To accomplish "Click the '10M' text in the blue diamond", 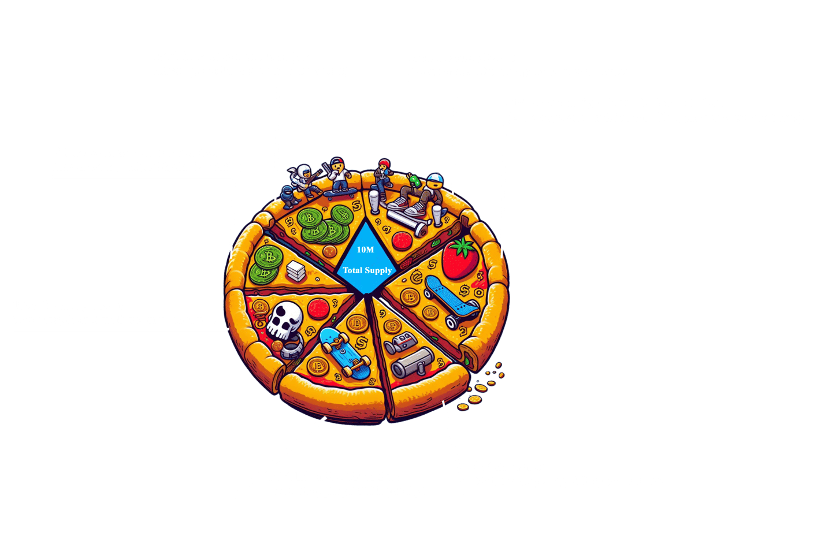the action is click(365, 250).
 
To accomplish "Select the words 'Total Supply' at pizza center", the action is click(367, 270).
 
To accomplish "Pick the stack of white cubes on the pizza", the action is click(295, 270).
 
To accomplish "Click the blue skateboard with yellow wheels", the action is click(344, 352).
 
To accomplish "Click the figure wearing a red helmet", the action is click(383, 173).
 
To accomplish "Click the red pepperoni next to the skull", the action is click(315, 307).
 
